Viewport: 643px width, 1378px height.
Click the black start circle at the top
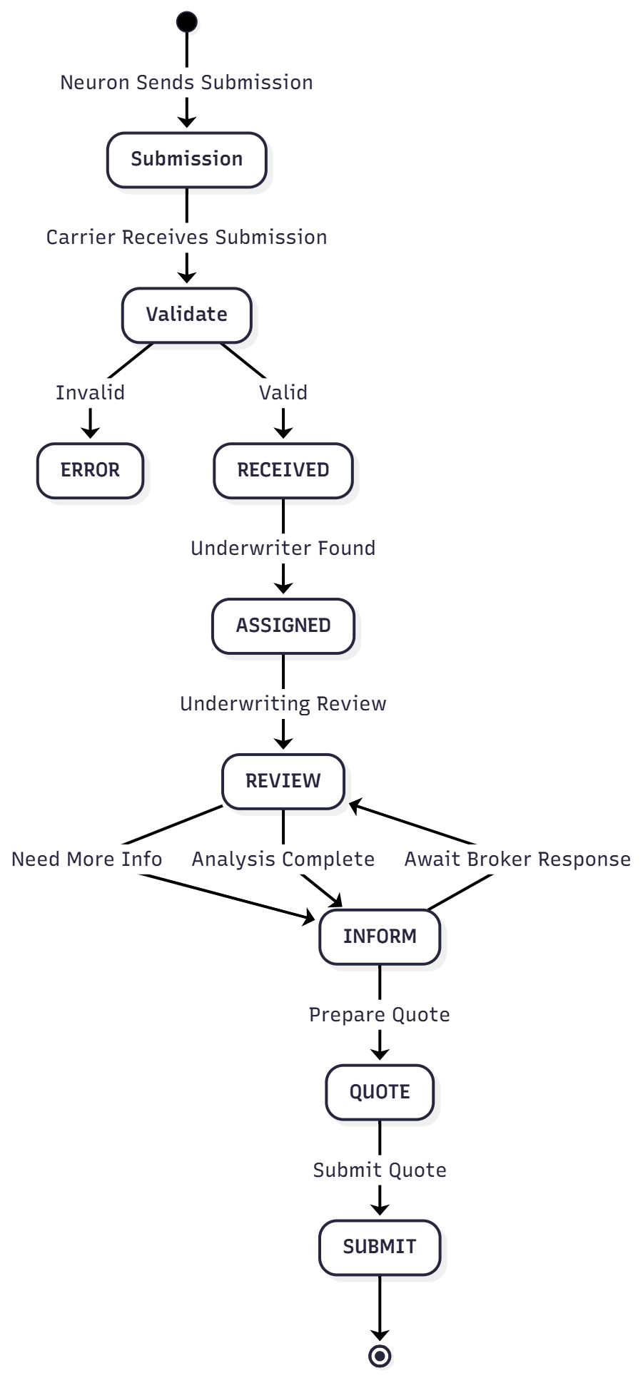coord(187,22)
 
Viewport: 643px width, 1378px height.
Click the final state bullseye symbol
coord(380,1355)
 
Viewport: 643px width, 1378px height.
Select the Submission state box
coord(187,159)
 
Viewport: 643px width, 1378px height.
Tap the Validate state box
coord(187,315)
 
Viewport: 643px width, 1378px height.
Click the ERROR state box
coord(90,470)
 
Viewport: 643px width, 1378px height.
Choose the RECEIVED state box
coord(283,470)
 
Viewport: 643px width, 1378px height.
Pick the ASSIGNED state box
coord(283,626)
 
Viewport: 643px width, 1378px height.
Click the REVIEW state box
coord(283,781)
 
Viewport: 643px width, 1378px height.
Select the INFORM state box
coord(380,936)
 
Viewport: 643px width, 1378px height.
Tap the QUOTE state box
coord(380,1092)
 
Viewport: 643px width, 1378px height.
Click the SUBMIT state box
coord(380,1247)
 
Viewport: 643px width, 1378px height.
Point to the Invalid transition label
coord(90,393)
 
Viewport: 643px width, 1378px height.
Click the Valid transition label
coord(283,393)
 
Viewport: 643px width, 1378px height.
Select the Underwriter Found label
coord(283,548)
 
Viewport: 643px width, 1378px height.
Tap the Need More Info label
coord(86,859)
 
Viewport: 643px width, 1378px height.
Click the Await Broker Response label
coord(517,859)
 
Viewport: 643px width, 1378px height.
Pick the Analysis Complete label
coord(283,859)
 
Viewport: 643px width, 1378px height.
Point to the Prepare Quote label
coord(380,1015)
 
